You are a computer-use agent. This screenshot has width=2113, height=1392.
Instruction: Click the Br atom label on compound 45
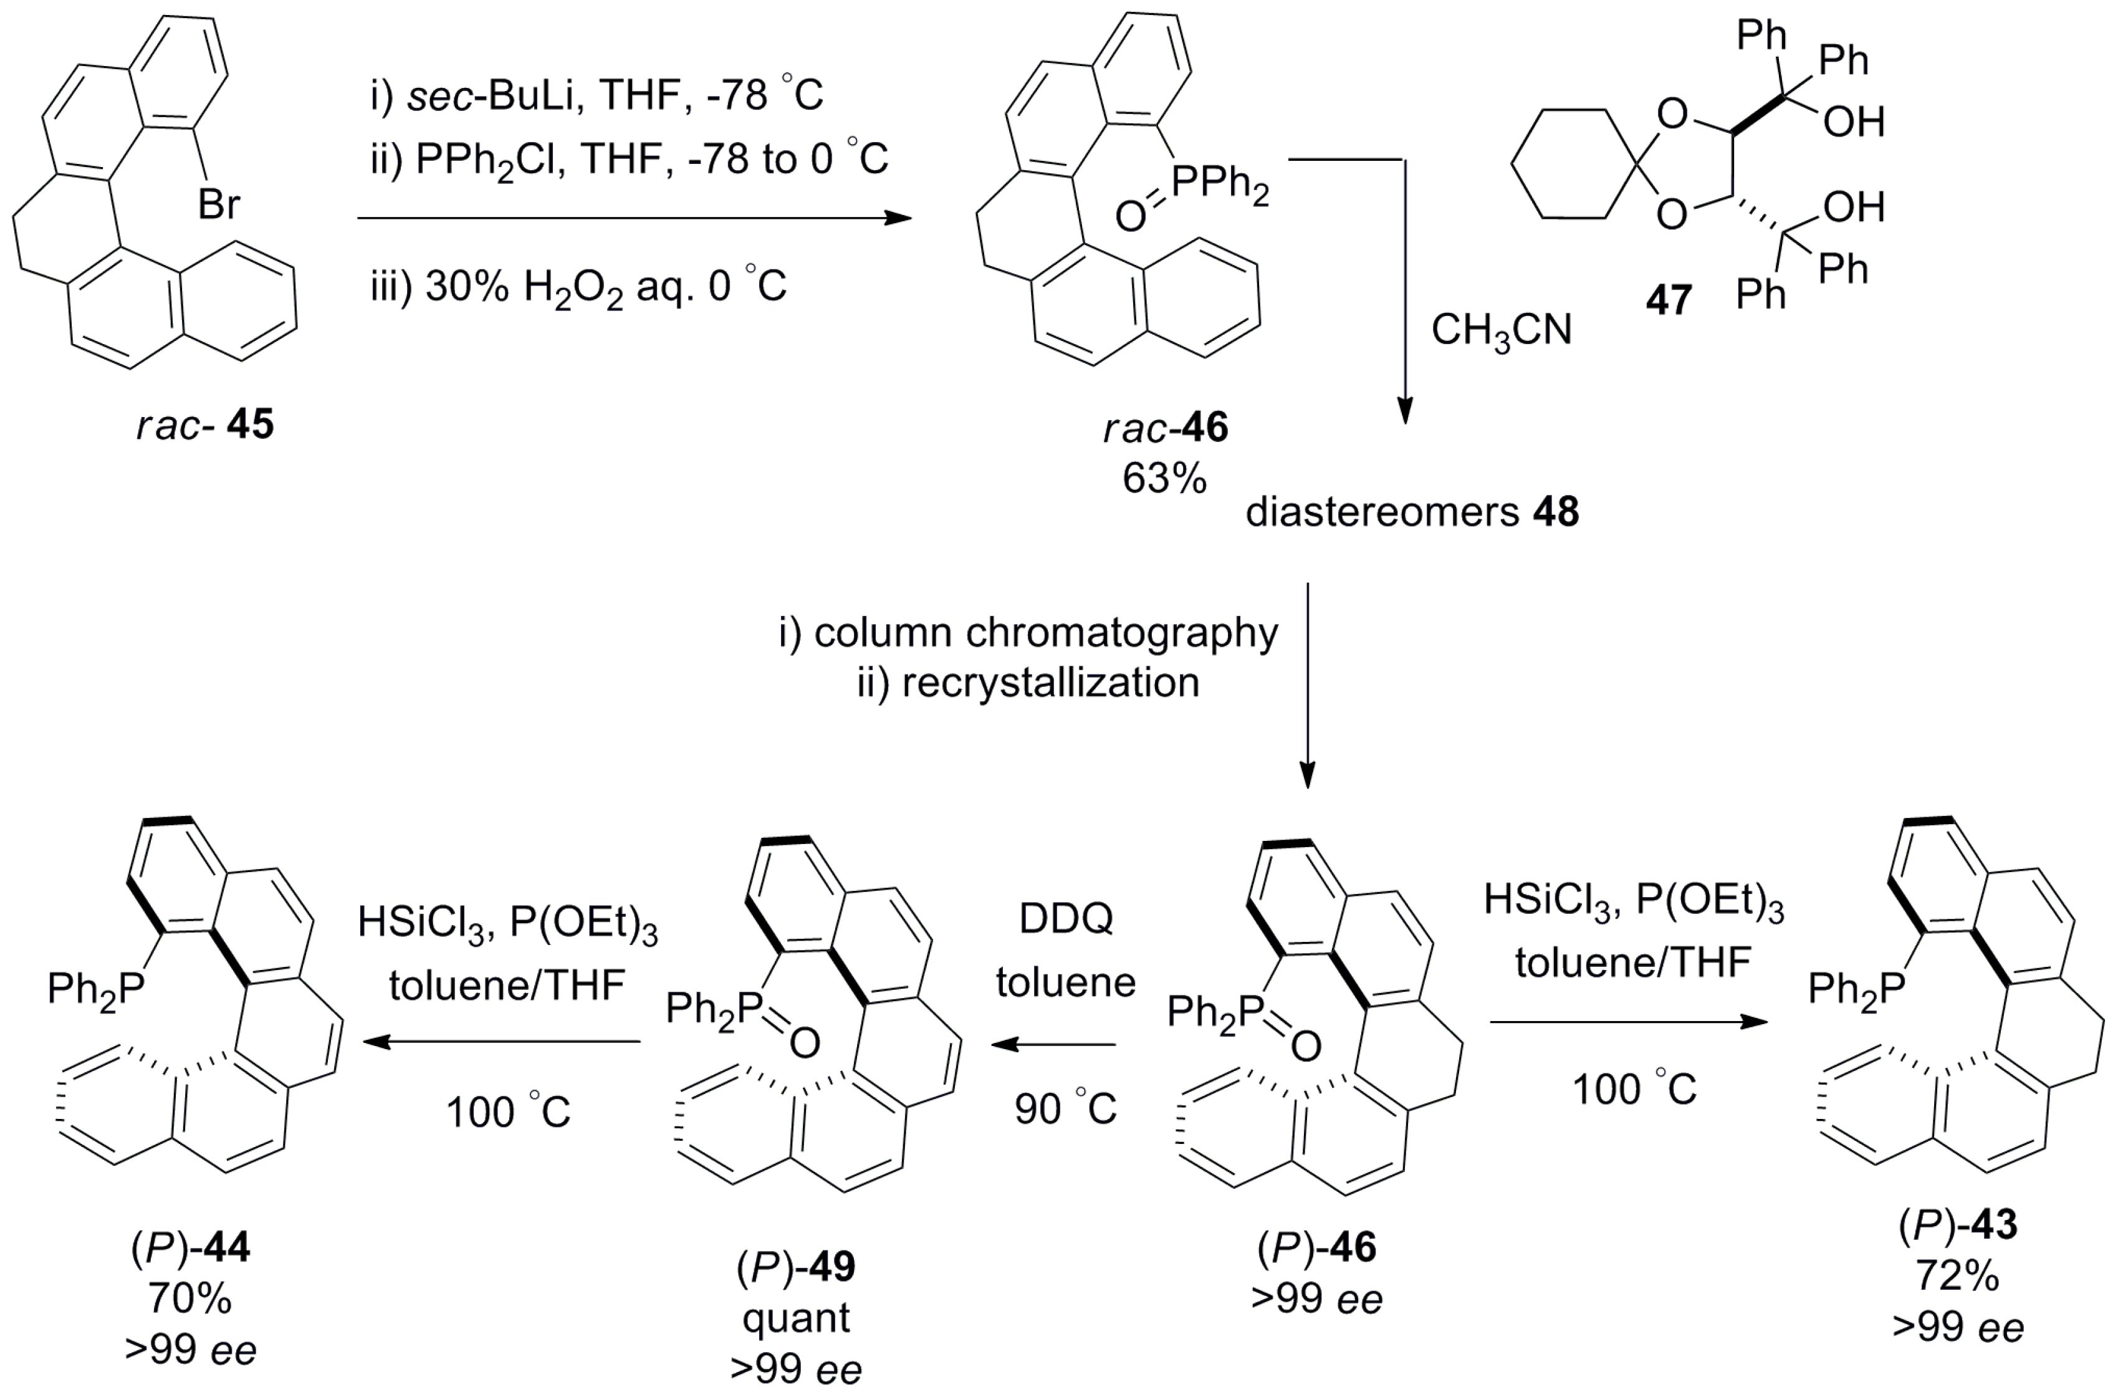pos(218,205)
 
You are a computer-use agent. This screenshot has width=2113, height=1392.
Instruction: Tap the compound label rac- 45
pos(205,425)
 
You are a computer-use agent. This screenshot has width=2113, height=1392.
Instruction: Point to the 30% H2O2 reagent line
pos(578,287)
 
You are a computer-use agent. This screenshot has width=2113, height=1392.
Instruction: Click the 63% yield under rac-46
pos(1164,479)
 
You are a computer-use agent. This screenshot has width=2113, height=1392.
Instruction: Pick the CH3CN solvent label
pos(1500,331)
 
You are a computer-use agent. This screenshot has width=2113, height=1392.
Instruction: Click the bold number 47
pos(1668,300)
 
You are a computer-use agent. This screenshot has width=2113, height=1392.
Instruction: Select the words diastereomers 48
pos(1412,513)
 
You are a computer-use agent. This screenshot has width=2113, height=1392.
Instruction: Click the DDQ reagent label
pos(1065,919)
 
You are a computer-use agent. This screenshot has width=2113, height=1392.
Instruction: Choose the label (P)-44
pos(191,1248)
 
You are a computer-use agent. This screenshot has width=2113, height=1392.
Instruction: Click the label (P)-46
pos(1316,1248)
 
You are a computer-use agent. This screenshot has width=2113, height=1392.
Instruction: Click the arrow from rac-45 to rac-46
pos(634,218)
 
